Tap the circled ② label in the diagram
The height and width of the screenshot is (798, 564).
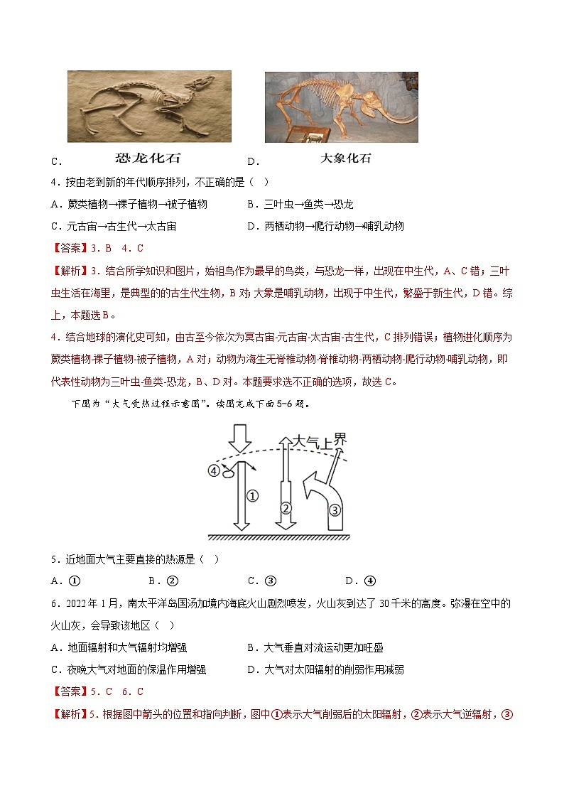point(286,507)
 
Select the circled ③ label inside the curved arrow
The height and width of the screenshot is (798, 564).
point(335,509)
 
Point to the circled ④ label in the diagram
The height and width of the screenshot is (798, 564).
point(212,470)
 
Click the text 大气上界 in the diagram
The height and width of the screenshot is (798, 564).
point(318,441)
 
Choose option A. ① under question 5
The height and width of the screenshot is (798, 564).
point(65,581)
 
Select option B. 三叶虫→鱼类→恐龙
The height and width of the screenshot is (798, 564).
point(300,204)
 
